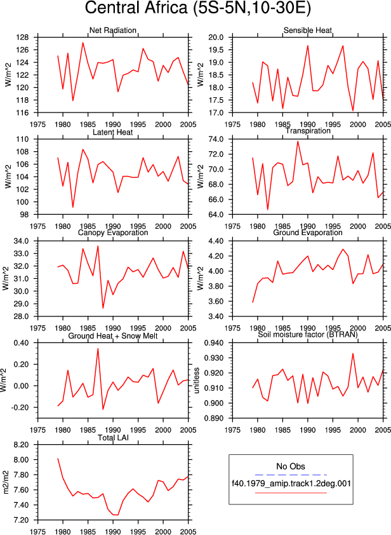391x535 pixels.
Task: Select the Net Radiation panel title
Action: point(113,30)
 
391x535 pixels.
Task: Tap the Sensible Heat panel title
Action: point(308,30)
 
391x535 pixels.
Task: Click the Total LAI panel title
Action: point(113,438)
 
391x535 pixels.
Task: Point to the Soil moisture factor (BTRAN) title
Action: point(308,334)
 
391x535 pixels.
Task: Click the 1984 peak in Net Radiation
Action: point(83,43)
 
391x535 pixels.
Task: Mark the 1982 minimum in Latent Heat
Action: point(72,207)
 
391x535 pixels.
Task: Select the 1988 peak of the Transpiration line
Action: point(298,141)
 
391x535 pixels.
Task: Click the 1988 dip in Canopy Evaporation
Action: point(103,308)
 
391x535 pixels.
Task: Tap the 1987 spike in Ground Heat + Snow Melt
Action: point(98,349)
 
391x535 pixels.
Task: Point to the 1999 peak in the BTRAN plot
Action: point(353,353)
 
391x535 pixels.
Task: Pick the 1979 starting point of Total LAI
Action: point(58,459)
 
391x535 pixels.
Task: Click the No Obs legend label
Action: point(291,466)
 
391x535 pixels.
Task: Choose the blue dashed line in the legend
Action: point(291,475)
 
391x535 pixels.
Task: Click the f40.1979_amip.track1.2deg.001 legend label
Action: point(291,484)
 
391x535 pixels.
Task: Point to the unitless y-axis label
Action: point(197,381)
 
